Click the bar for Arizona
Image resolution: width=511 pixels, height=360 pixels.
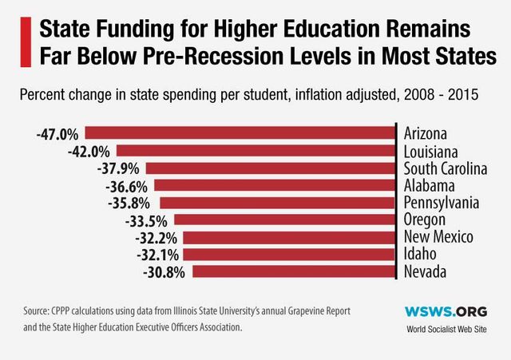(240, 133)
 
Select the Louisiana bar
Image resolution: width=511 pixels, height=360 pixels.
(255, 150)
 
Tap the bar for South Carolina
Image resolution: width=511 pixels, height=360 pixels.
(271, 168)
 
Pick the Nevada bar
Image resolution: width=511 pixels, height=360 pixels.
(293, 272)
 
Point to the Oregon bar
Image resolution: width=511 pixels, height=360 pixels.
(284, 220)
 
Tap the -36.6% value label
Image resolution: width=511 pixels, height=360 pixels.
(126, 185)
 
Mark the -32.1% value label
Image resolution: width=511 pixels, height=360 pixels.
(156, 255)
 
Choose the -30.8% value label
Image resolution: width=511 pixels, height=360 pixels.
(165, 272)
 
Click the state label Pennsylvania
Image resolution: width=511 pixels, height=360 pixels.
(442, 202)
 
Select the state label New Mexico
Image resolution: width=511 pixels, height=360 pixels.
(438, 237)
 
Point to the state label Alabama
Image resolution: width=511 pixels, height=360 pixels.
(429, 185)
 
